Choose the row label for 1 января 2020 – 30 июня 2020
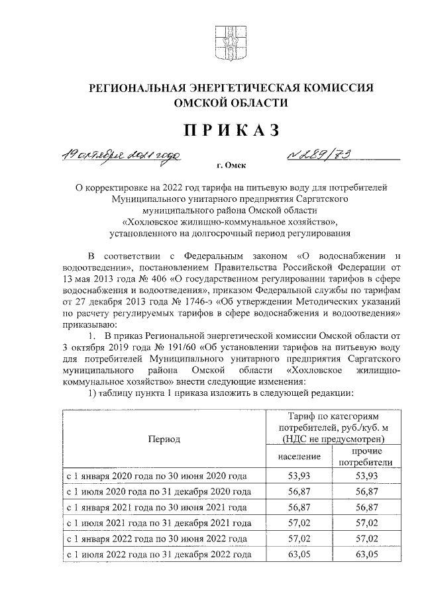[156, 477]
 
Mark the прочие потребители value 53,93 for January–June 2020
[366, 477]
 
